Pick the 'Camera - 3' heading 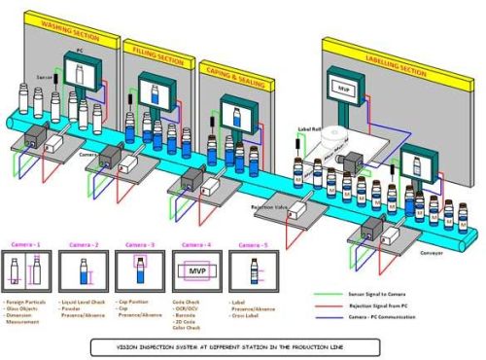(136, 244)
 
